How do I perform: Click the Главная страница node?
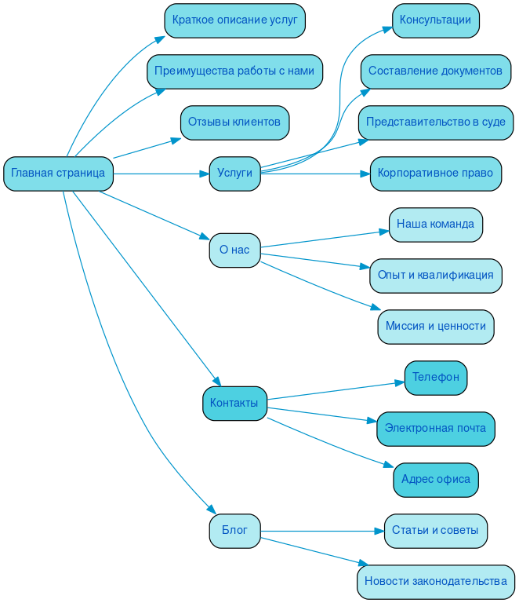pos(58,174)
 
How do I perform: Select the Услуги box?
pos(234,174)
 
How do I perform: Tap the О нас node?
pos(234,250)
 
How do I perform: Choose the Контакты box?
pos(234,404)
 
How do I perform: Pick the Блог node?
pos(234,531)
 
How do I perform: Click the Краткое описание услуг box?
pos(234,20)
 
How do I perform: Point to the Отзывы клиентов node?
pos(234,122)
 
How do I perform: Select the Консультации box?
pos(435,20)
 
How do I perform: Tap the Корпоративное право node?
pos(435,174)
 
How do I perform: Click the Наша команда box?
pos(435,225)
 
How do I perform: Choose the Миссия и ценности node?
pos(435,327)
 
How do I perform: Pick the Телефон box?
pos(435,378)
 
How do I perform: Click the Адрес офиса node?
pos(435,480)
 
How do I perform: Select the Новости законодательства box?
pos(435,582)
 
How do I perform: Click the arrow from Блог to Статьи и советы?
pos(321,531)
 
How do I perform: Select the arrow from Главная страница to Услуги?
pos(161,174)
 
